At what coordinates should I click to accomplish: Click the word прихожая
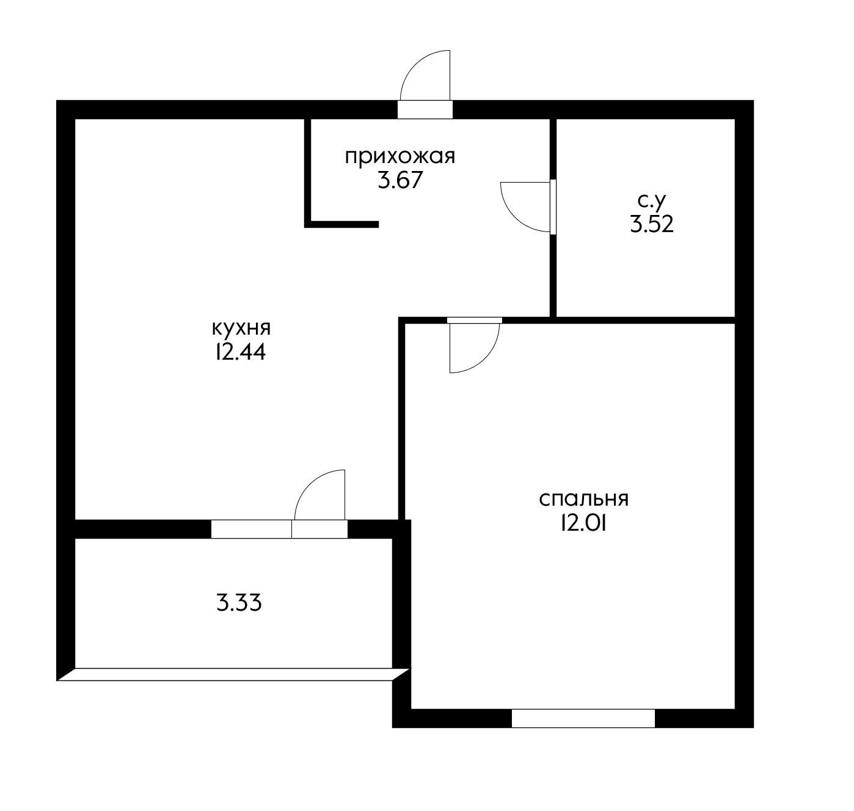tap(400, 156)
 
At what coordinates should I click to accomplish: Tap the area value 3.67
tap(400, 180)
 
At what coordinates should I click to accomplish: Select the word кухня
tap(241, 329)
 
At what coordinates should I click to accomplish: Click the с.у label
tap(652, 201)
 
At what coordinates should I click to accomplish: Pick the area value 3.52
tap(652, 225)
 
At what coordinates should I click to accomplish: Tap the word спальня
tap(584, 500)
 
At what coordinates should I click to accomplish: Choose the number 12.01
tap(583, 524)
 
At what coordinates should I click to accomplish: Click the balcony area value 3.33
tap(239, 603)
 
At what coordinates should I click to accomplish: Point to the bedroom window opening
tap(583, 718)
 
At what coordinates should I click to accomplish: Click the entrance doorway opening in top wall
tap(425, 109)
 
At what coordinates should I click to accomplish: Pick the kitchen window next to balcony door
tap(251, 529)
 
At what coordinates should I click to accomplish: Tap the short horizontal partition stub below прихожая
tap(341, 225)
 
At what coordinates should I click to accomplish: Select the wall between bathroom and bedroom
tap(645, 320)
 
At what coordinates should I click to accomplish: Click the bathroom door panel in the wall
tap(553, 207)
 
